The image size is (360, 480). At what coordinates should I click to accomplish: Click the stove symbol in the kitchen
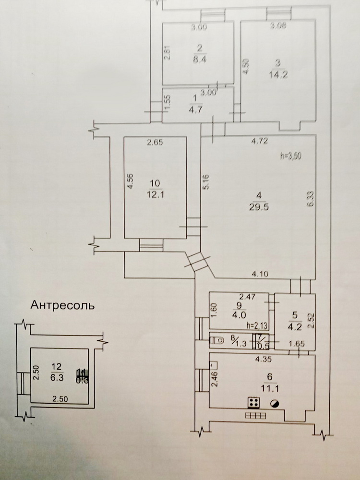253,402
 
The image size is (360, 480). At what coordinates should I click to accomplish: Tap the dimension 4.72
260,142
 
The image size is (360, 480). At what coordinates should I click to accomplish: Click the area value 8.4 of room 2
199,60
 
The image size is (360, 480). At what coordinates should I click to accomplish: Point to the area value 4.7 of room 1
194,108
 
